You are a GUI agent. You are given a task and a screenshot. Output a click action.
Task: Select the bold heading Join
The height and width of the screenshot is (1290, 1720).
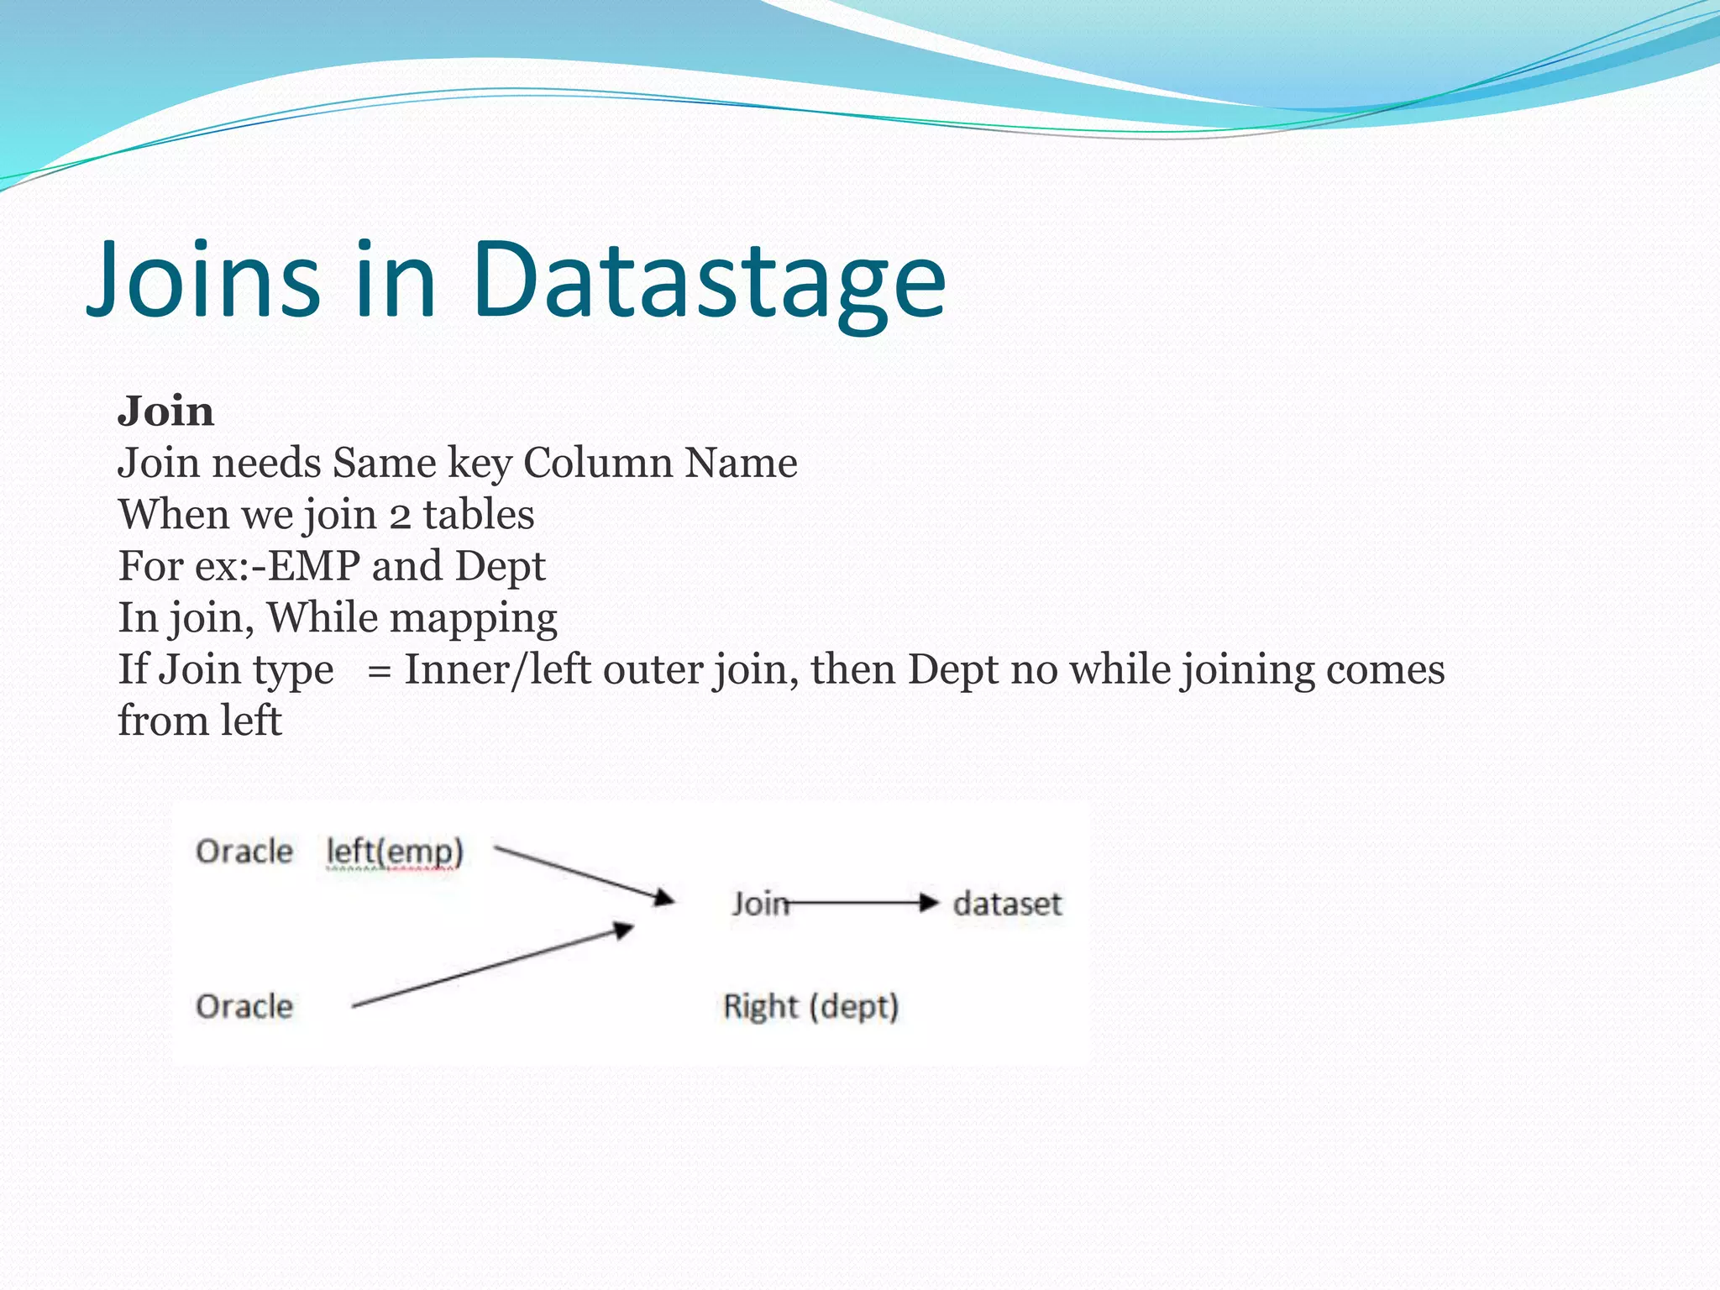[x=165, y=412]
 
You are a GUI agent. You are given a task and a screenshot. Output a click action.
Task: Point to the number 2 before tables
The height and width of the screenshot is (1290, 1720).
[x=400, y=516]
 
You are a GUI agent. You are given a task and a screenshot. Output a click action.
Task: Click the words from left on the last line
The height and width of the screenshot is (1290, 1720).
[x=199, y=721]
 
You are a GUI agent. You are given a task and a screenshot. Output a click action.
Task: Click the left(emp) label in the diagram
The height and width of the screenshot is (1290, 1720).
[x=395, y=852]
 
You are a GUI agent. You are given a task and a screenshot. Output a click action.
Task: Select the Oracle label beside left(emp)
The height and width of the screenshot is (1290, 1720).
[x=244, y=852]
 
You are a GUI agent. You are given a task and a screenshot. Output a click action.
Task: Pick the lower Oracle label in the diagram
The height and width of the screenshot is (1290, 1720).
[x=244, y=1006]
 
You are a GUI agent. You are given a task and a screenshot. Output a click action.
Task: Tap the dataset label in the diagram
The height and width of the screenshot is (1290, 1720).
[x=1007, y=904]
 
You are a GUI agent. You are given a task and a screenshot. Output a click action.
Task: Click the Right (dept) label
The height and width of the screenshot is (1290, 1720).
[x=811, y=1006]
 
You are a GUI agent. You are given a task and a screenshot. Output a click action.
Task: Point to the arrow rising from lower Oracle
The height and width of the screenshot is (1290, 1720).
[x=492, y=966]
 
